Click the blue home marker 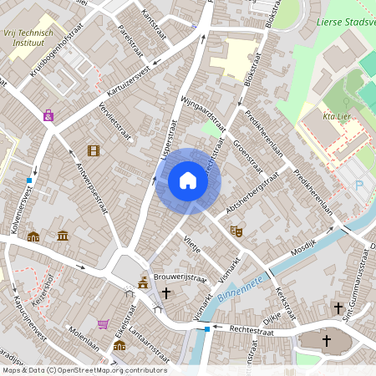tap(188, 180)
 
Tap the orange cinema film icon tap(93, 150)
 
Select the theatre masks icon tap(236, 228)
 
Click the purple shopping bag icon tap(48, 115)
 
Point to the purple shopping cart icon tap(103, 324)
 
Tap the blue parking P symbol tap(360, 185)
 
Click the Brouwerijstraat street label tap(180, 277)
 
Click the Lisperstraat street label tap(170, 139)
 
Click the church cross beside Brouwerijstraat tap(166, 293)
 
